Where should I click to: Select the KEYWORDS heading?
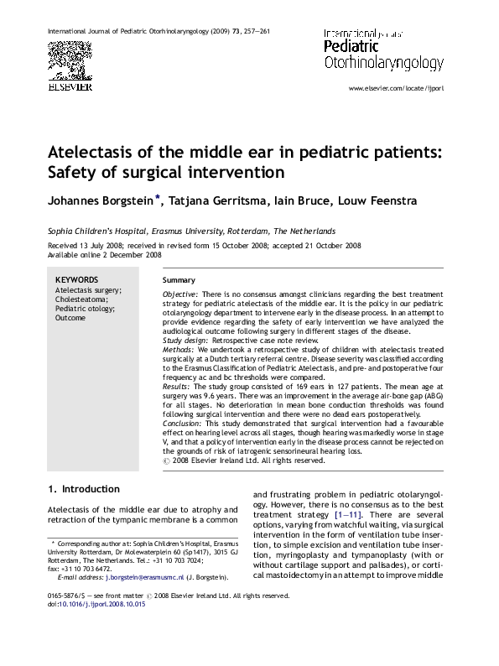[76, 280]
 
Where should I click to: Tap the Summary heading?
[179, 280]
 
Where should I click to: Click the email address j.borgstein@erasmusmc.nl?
[135, 578]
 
